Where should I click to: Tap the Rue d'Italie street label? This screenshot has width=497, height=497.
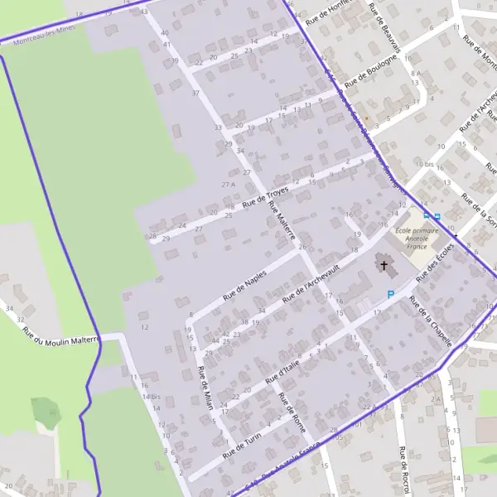pos(281,369)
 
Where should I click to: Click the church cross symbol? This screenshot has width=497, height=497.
pos(384,265)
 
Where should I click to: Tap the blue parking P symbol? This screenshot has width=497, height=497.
pos(392,294)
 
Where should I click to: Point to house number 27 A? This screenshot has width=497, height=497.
pos(228,184)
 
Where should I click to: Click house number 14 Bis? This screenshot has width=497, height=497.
pos(150,397)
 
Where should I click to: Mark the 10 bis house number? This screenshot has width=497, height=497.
pos(426,165)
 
